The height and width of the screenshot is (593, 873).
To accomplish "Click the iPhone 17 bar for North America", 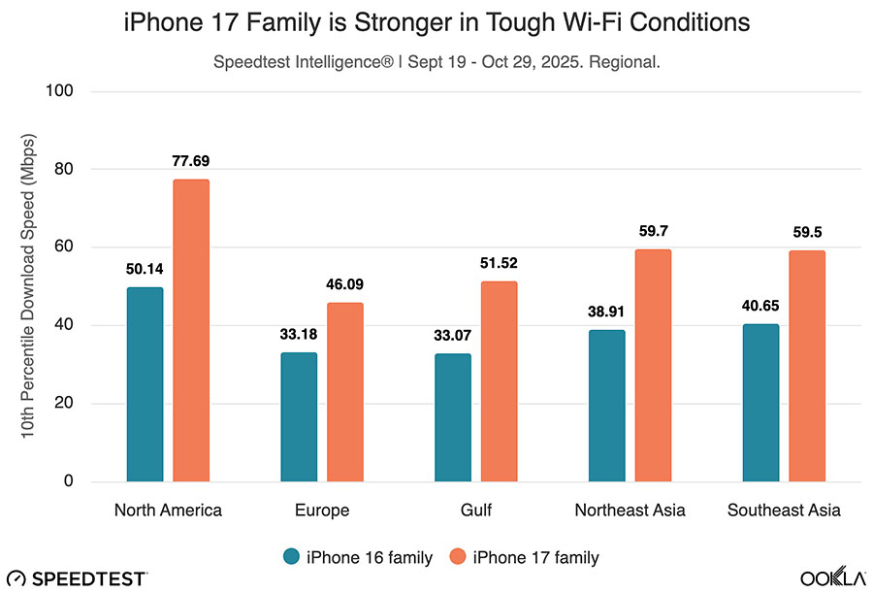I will pyautogui.click(x=191, y=330).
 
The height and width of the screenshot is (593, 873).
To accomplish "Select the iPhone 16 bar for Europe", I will pyautogui.click(x=299, y=416).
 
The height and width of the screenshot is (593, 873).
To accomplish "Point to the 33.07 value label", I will pyautogui.click(x=453, y=335).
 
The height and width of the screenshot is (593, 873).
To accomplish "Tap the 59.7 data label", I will pyautogui.click(x=653, y=231).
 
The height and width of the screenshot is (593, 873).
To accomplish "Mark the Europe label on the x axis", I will pyautogui.click(x=321, y=511).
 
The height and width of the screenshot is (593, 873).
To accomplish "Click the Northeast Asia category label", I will pyautogui.click(x=630, y=511).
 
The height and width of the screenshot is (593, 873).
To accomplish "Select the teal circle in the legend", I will pyautogui.click(x=291, y=556).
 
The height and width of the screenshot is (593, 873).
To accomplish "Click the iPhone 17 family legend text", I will pyautogui.click(x=535, y=556).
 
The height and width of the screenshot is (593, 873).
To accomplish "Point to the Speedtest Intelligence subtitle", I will pyautogui.click(x=436, y=60).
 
